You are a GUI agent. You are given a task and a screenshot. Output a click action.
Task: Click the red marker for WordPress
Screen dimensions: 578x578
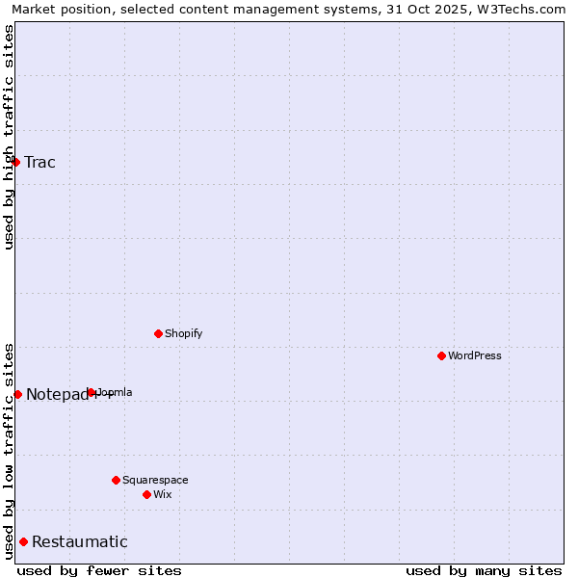pos(441,355)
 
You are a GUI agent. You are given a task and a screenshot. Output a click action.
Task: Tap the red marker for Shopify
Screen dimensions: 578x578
pos(158,333)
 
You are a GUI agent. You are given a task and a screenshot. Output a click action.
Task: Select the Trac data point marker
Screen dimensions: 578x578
pos(16,162)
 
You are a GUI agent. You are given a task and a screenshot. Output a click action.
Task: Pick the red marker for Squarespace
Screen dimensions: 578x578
pos(116,480)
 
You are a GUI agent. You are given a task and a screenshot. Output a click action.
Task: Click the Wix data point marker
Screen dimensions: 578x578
pos(146,494)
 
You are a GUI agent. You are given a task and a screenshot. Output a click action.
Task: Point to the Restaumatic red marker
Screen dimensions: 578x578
pos(23,541)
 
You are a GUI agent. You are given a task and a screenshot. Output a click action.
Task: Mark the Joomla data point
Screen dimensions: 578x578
pos(92,392)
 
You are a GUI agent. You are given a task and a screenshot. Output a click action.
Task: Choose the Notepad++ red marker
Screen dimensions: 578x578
pos(17,394)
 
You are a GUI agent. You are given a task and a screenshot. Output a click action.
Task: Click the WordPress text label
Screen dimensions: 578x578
pos(475,355)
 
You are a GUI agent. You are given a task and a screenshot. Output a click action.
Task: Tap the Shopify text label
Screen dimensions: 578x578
pos(184,333)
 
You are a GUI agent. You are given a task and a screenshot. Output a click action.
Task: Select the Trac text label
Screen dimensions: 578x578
pos(40,162)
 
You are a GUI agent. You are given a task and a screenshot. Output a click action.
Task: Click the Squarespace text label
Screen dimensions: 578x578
pos(155,480)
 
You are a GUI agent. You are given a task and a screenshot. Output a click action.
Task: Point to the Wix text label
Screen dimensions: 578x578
pos(163,494)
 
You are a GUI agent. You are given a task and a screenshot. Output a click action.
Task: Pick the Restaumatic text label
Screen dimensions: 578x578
pos(80,541)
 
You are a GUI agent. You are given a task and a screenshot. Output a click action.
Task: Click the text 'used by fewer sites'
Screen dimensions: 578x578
pos(99,570)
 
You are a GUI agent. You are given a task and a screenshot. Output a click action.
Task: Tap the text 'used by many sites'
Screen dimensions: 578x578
pos(484,570)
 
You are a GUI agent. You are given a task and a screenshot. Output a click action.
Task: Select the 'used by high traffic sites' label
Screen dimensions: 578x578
pos(9,137)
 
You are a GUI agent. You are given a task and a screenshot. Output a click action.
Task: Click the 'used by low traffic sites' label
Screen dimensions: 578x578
pos(9,451)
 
